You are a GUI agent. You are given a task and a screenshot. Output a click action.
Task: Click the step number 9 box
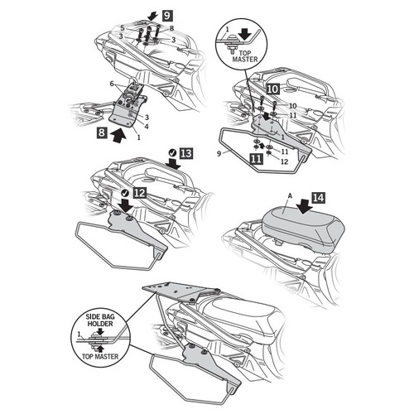167,15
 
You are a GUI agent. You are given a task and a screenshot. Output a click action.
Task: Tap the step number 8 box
102,132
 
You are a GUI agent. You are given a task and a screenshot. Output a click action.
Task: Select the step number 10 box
272,89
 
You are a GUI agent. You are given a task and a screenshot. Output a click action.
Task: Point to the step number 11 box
256,159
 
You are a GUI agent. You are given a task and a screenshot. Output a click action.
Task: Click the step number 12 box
139,193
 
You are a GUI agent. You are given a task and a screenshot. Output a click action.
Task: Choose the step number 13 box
186,153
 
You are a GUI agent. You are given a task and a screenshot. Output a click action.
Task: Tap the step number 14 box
318,198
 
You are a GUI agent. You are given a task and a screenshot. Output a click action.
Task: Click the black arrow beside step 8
118,135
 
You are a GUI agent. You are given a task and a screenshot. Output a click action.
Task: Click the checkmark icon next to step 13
173,152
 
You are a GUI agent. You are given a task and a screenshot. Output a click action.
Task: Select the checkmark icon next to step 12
126,192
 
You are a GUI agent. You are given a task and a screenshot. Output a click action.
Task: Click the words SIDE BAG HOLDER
100,320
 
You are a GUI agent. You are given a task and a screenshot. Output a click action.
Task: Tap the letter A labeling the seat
290,195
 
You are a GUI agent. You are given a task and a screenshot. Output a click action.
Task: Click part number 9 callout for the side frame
219,153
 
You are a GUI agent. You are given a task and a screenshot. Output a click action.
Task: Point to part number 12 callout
284,161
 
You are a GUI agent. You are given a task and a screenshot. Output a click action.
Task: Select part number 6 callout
112,84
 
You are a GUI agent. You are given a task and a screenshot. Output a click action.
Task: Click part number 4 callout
147,127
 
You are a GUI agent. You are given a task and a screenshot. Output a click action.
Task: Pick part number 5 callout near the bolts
123,28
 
